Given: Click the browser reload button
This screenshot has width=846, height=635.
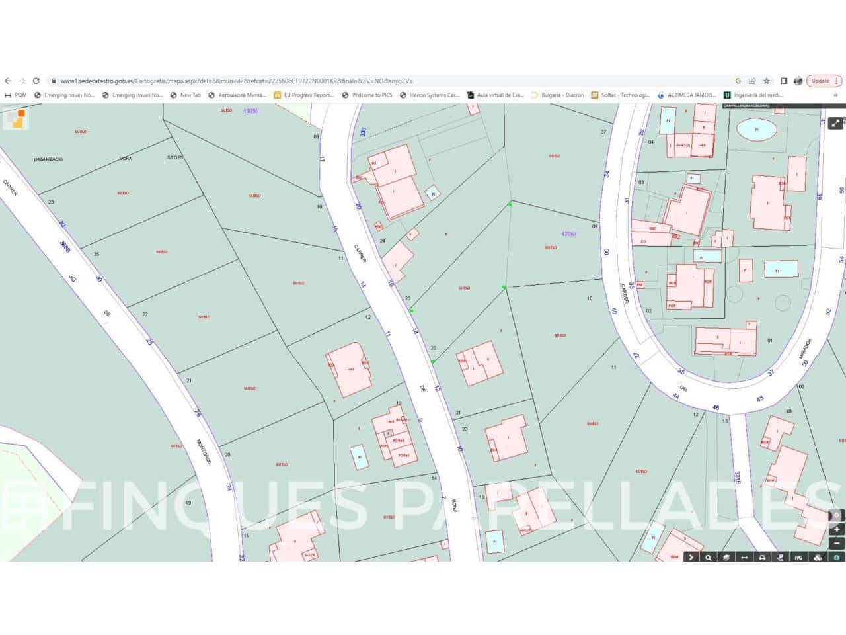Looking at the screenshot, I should point(36,81).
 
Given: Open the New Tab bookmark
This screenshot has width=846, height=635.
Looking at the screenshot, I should point(186,95).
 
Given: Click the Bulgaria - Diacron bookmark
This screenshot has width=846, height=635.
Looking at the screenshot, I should point(558,95).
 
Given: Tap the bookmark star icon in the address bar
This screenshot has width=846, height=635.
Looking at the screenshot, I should point(767,81).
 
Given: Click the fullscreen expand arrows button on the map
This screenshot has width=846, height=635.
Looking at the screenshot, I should point(835,122).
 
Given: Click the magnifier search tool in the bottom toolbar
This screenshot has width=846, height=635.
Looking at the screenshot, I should point(709,557).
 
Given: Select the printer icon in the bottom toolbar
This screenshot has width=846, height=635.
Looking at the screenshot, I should point(762,557).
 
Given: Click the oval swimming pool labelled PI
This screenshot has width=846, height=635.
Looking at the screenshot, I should point(756,130).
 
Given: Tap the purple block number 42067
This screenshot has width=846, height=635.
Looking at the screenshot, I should point(568,233).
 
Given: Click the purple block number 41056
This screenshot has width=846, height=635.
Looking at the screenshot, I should point(250,111).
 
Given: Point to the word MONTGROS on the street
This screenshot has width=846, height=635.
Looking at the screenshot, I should point(204,452).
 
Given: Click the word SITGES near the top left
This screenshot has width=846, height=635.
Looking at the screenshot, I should point(175,158).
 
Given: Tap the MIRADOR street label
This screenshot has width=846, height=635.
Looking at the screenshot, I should point(804,348).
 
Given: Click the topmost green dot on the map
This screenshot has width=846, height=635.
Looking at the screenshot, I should point(510,204).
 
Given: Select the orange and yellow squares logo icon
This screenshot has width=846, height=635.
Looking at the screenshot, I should point(17,118).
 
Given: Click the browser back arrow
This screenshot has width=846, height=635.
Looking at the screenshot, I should point(8,81).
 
